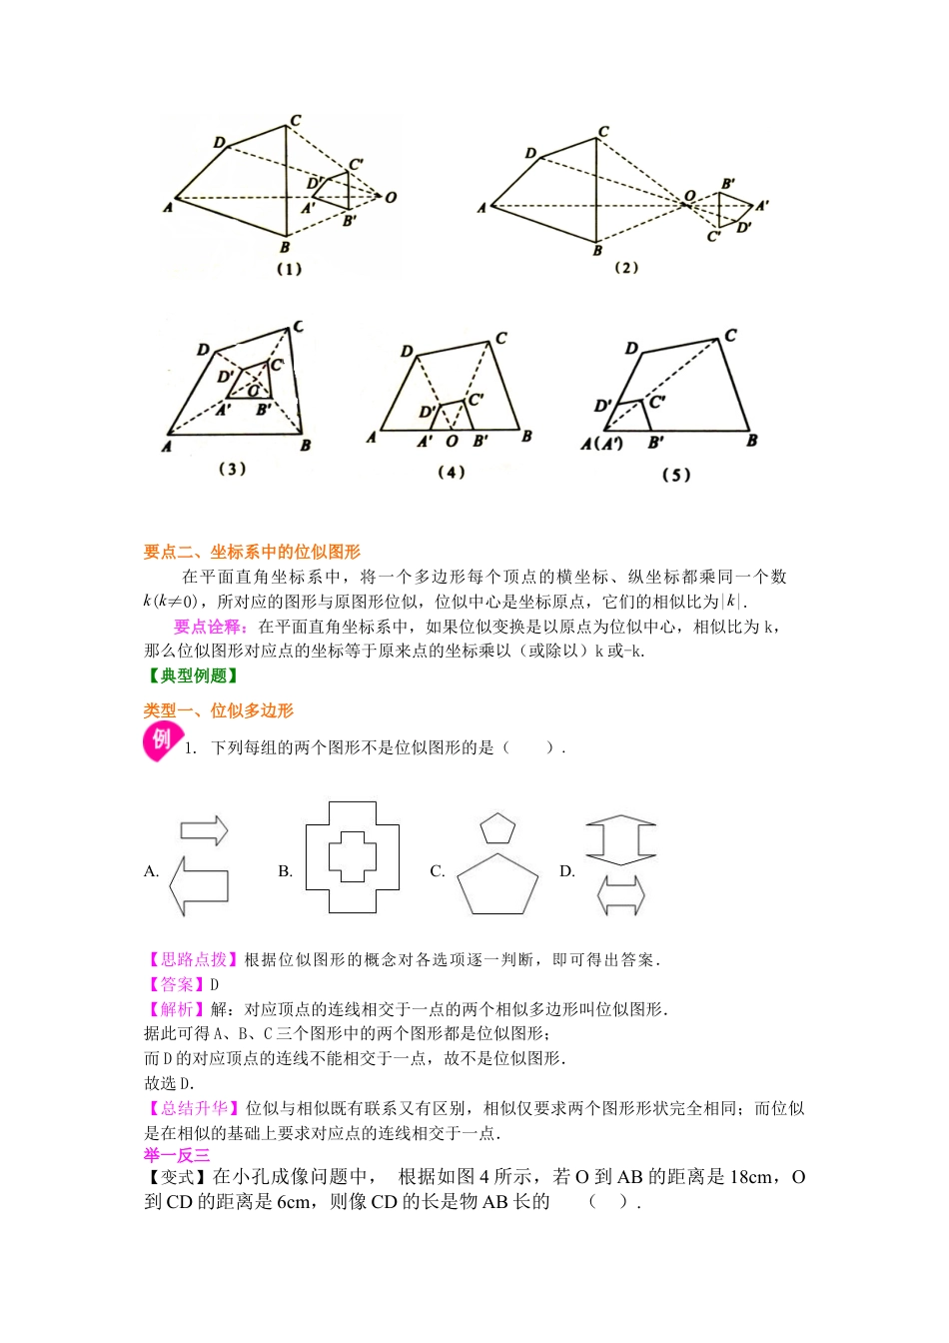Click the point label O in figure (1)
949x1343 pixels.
[x=391, y=197]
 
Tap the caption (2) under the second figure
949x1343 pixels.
[x=626, y=268]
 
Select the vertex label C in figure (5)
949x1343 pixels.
[x=731, y=336]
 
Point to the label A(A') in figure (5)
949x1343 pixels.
[x=601, y=443]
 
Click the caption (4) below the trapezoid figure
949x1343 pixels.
[x=452, y=472]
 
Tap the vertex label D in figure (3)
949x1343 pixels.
[x=203, y=350]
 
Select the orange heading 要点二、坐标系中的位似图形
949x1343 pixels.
[x=252, y=552]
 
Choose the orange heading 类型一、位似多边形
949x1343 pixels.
[x=219, y=710]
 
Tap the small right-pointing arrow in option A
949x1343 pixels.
[x=204, y=830]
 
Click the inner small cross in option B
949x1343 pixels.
[x=353, y=856]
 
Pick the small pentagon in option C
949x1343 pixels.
[x=497, y=829]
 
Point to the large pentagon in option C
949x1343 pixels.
[x=497, y=885]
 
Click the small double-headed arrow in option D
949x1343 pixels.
[x=620, y=895]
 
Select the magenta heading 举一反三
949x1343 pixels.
[x=177, y=1155]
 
